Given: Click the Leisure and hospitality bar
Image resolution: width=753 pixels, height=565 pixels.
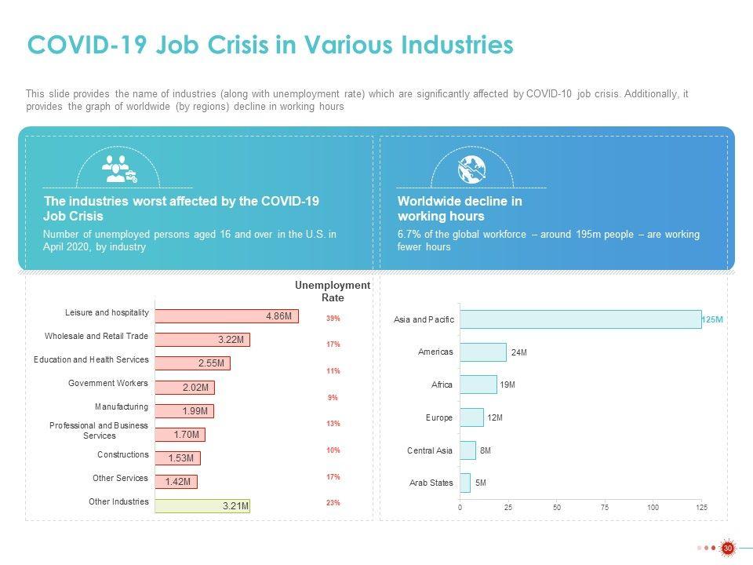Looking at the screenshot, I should click(227, 315).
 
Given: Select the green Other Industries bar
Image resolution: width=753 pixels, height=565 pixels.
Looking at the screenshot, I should click(202, 506).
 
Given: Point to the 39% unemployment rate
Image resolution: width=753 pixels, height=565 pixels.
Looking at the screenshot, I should click(333, 319).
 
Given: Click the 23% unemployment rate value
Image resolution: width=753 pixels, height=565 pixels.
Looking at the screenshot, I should click(333, 503).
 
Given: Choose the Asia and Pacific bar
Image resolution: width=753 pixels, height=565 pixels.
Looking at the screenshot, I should click(580, 319).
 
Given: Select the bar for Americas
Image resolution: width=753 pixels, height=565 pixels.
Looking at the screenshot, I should click(483, 352).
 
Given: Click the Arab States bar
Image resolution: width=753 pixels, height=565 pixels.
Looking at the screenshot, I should click(465, 483).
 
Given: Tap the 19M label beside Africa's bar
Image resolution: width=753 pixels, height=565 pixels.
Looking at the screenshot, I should click(507, 385).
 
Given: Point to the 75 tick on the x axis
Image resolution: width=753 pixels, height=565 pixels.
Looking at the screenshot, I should click(605, 508).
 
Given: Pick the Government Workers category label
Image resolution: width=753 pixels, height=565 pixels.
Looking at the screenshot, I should click(108, 384).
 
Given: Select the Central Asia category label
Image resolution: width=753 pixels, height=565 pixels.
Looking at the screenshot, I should click(430, 450).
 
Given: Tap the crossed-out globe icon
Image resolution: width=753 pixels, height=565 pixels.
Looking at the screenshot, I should click(473, 169).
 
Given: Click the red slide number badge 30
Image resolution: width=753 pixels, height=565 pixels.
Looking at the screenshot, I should click(727, 548).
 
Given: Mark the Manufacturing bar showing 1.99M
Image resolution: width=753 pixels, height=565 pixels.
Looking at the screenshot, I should click(184, 411).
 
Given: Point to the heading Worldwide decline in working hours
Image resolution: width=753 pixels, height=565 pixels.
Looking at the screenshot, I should click(460, 208).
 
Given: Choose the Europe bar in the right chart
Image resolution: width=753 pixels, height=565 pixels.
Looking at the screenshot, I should click(471, 417).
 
